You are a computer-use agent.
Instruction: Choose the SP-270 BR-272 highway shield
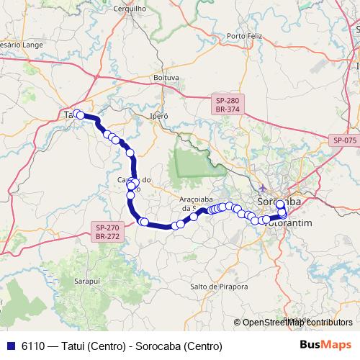point(107,231)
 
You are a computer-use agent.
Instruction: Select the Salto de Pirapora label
point(215,287)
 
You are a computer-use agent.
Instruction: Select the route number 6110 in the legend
point(32,346)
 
